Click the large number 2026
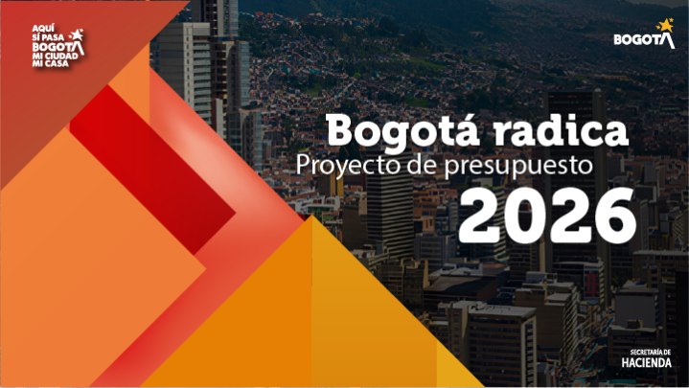point(546,215)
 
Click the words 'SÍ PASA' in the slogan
point(48,37)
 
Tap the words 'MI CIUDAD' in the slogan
point(54,55)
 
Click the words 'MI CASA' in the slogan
point(49,63)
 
